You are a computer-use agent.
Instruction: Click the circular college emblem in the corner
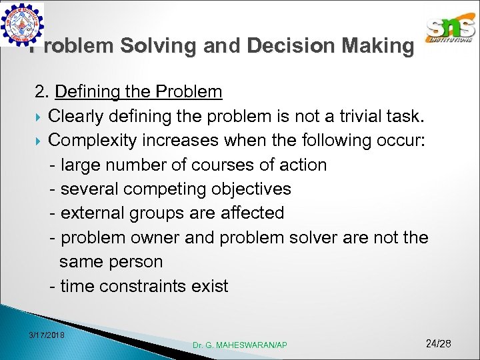click(22, 23)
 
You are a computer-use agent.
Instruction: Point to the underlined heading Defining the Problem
click(139, 91)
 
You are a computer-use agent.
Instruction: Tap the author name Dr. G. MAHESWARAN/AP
click(240, 345)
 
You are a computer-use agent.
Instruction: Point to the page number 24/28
click(438, 343)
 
